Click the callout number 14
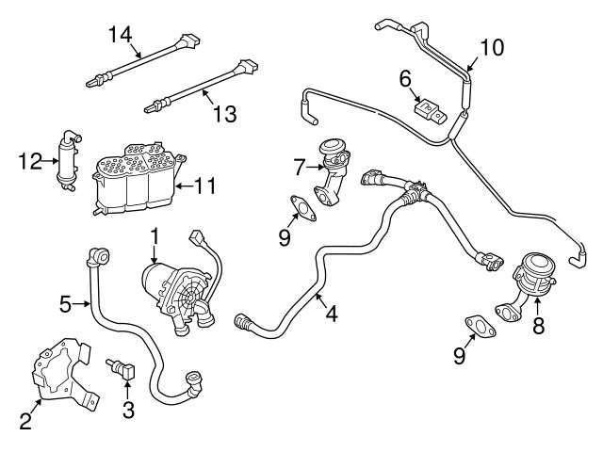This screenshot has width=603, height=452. [x=120, y=35]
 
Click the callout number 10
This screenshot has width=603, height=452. [x=492, y=47]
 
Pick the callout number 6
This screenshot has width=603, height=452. [x=405, y=79]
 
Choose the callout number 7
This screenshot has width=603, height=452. [x=300, y=168]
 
